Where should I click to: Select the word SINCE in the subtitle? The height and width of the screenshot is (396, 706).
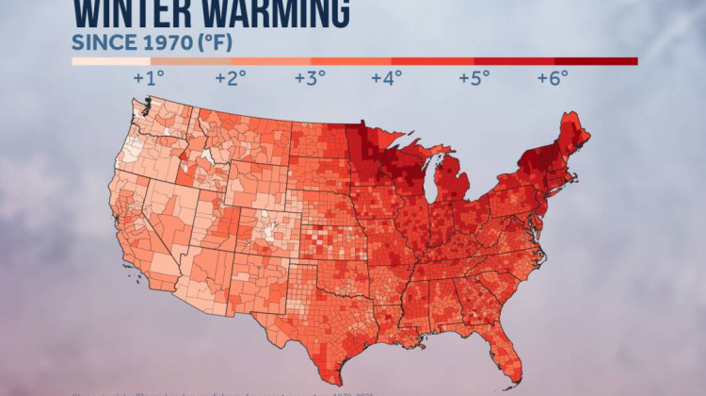click(100, 42)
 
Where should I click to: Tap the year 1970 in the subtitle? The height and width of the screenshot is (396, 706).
click(159, 42)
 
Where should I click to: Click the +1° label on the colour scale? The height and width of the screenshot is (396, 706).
click(152, 78)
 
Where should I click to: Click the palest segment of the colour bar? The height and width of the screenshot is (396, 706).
click(104, 61)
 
